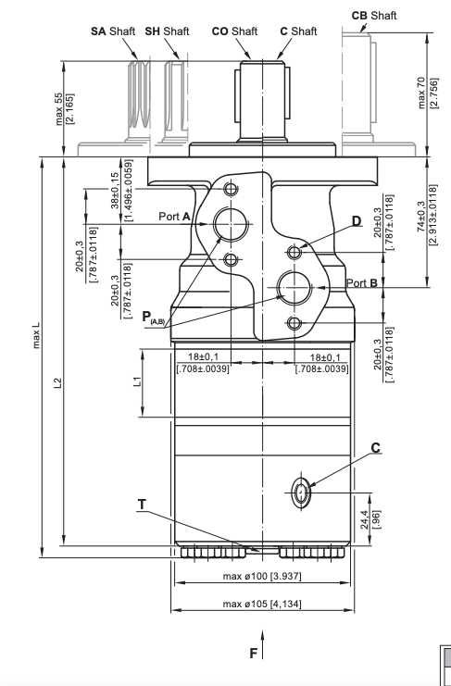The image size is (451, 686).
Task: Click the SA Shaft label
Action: (x=113, y=31)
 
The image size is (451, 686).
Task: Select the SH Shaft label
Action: (x=167, y=31)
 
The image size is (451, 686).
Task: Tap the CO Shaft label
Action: (x=234, y=31)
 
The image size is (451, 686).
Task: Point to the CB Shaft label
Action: (x=374, y=16)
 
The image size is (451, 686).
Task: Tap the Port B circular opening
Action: (x=294, y=287)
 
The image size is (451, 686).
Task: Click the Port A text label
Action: (x=174, y=217)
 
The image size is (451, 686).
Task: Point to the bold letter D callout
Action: (x=357, y=221)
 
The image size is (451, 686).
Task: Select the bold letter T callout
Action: (x=142, y=505)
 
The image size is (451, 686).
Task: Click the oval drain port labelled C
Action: (x=301, y=493)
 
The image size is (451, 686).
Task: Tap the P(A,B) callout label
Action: (x=154, y=318)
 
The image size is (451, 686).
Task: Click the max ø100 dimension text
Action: (x=262, y=576)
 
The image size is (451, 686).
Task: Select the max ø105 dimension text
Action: (x=262, y=605)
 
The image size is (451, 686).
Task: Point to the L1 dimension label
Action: (x=137, y=381)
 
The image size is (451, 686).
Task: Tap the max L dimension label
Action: (x=36, y=335)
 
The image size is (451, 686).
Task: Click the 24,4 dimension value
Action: (x=364, y=519)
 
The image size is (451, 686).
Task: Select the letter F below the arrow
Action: (x=253, y=654)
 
